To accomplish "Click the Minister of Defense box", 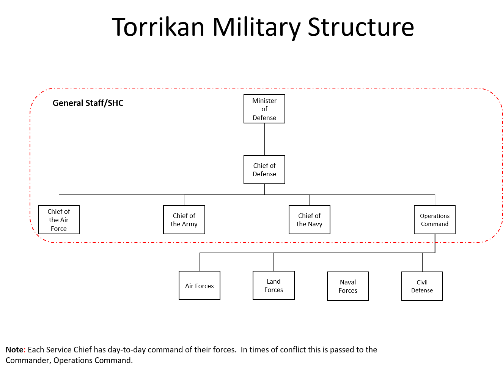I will [x=264, y=109].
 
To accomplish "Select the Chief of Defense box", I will [x=264, y=170].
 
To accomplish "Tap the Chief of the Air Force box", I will [x=59, y=220].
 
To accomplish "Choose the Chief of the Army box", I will [x=184, y=220].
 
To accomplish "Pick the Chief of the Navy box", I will [x=310, y=220].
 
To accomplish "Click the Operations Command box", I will [x=435, y=220].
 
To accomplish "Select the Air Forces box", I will [x=200, y=286].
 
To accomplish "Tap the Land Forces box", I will [x=274, y=286].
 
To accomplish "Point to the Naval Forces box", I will [x=348, y=286].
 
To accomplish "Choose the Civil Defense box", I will [x=422, y=286].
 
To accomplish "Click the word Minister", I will [x=264, y=101].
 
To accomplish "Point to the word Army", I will [x=190, y=224].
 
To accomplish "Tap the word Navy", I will [x=315, y=224].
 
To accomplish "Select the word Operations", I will [x=435, y=216].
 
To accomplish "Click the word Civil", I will [x=422, y=283].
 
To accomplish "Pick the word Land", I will [x=274, y=281].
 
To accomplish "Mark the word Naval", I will [x=348, y=282].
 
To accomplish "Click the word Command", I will [x=435, y=224].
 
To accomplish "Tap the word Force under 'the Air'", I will [x=59, y=229].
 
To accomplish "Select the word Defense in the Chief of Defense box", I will [x=264, y=174].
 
